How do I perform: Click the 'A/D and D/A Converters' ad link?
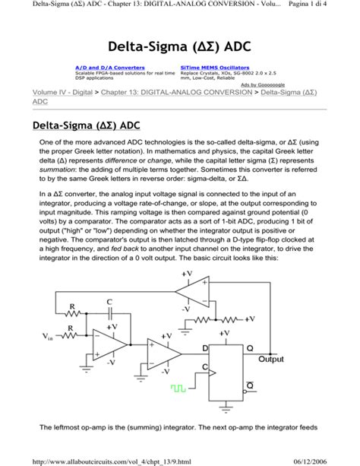tap(109, 68)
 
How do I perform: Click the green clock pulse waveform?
tap(178, 388)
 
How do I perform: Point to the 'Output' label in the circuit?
tap(271, 359)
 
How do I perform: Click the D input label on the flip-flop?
tap(204, 347)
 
